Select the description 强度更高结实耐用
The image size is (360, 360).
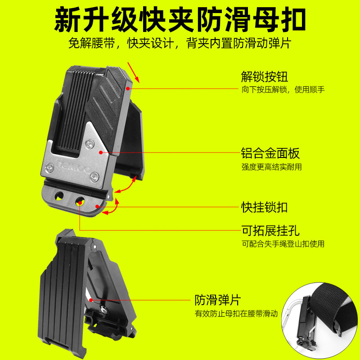point(271,167)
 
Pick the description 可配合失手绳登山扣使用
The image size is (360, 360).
point(283,244)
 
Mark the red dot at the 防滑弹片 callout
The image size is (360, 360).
point(90,299)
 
